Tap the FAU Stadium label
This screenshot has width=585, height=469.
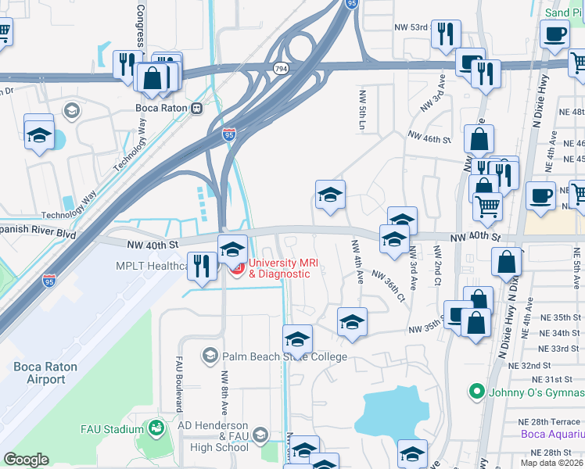[112, 429]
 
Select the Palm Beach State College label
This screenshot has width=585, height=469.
[284, 357]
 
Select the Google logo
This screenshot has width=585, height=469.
[26, 459]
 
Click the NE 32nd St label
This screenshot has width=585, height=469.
[548, 365]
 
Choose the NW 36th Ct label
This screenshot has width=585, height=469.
[389, 286]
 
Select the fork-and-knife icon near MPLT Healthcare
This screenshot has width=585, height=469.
[203, 265]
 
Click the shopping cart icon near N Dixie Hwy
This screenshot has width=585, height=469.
[487, 206]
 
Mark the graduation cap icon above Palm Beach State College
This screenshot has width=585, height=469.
[297, 339]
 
